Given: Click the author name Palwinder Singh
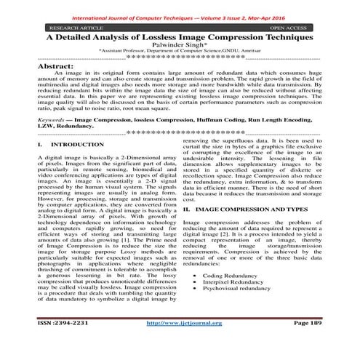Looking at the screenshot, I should [180, 44].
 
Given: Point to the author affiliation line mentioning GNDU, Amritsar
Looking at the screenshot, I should [180, 52].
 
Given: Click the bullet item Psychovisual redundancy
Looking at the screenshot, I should [246, 292].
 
